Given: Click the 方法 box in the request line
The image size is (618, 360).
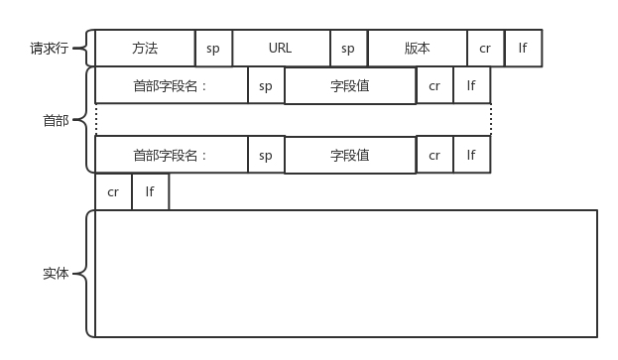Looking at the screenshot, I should (x=145, y=48).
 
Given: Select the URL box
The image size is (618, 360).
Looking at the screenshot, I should (x=281, y=48).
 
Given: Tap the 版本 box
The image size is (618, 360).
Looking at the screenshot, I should (x=417, y=48).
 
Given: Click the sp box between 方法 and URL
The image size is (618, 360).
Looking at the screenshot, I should (x=213, y=48).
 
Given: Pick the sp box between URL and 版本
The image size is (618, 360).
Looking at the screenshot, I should (x=348, y=48).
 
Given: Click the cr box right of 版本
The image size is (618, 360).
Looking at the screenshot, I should (x=485, y=48).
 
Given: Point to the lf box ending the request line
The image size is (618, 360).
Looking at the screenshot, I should (x=523, y=48).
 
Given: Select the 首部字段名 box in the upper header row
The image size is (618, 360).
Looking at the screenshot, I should (x=171, y=85).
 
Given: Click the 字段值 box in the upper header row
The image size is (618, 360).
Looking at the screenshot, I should (x=350, y=85).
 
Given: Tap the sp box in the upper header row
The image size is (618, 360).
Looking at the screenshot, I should (x=266, y=85).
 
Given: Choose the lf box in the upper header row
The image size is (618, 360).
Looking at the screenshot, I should (x=471, y=85).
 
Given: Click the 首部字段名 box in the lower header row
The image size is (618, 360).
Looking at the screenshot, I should (x=171, y=155).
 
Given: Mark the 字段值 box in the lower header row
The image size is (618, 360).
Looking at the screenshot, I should (x=350, y=155).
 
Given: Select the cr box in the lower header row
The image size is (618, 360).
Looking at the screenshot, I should (x=434, y=155).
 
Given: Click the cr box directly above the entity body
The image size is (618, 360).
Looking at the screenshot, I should (x=113, y=191).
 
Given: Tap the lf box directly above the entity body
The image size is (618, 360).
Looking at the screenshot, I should (x=150, y=191).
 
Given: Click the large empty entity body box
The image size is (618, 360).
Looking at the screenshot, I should (x=345, y=273).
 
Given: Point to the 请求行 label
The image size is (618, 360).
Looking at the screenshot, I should (x=48, y=48).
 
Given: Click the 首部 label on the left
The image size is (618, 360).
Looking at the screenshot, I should (x=56, y=120).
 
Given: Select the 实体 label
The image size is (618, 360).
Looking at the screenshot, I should (x=56, y=273).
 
